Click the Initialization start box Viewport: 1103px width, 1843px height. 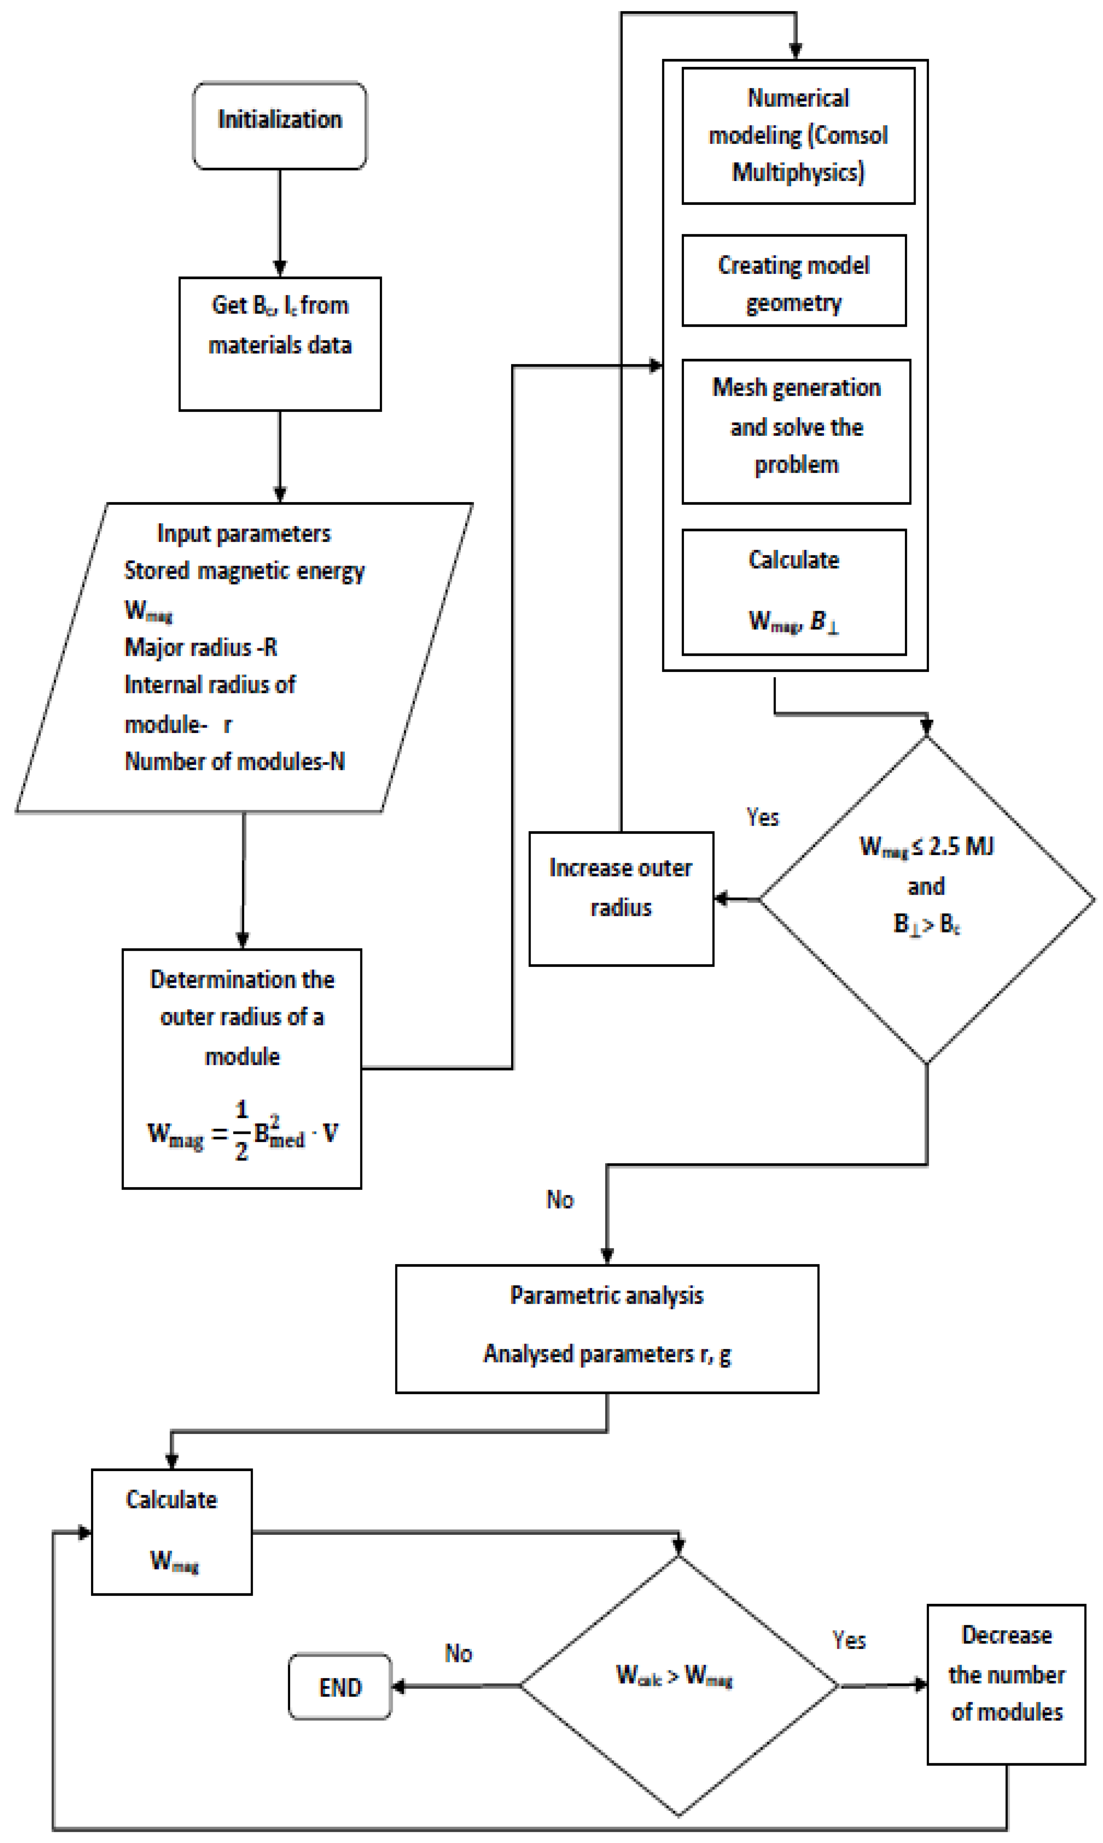coord(279,125)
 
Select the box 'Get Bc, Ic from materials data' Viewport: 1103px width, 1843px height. coord(279,344)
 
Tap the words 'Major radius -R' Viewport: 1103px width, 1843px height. coord(201,647)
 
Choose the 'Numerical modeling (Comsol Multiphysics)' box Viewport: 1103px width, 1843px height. coord(797,135)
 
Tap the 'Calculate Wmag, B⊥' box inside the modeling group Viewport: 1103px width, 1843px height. coord(793,592)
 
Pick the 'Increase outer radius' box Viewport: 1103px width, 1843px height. coord(621,898)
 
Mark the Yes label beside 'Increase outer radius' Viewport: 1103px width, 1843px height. coord(763,817)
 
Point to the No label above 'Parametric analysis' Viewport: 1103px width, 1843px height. coord(560,1199)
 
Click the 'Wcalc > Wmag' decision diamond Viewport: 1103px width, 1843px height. coord(678,1685)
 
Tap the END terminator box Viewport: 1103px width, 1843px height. coord(340,1687)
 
